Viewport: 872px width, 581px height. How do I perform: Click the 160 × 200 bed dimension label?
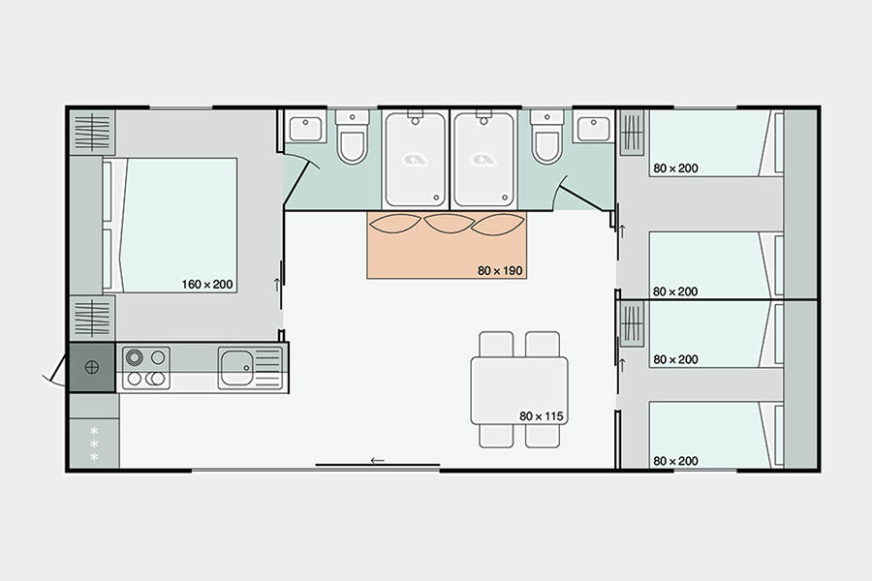tap(206, 285)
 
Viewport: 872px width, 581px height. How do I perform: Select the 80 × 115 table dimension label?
tap(542, 416)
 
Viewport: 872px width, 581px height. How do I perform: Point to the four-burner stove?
tap(146, 368)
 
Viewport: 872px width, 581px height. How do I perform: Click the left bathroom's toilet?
tap(351, 139)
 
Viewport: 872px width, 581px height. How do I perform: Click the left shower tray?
tap(415, 160)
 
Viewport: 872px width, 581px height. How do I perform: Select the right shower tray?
tap(483, 160)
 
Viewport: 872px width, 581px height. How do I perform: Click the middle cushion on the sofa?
tap(447, 225)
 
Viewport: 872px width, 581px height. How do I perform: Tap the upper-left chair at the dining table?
tap(497, 345)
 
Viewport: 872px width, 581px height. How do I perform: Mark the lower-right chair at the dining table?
tap(542, 435)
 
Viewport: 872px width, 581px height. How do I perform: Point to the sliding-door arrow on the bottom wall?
tap(378, 461)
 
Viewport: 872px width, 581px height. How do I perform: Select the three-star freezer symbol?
tap(94, 442)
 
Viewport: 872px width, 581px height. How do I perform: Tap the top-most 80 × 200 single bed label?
tap(675, 168)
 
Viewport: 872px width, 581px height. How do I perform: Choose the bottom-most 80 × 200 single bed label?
tap(675, 460)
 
